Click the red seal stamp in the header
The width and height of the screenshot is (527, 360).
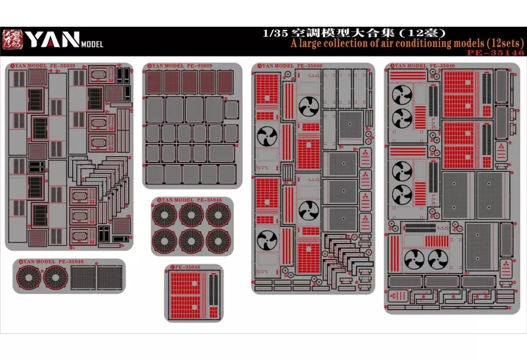coord(13,39)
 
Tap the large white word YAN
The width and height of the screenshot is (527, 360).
coord(52,40)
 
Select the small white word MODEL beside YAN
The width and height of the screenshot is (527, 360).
coord(93,44)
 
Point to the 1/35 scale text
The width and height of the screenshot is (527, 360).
coord(272,32)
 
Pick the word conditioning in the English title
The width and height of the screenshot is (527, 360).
coord(429,43)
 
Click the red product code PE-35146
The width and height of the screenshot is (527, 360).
coord(497,52)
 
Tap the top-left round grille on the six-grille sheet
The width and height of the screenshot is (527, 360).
coord(166,214)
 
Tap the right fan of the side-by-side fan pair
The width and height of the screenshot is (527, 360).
coord(438,259)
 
